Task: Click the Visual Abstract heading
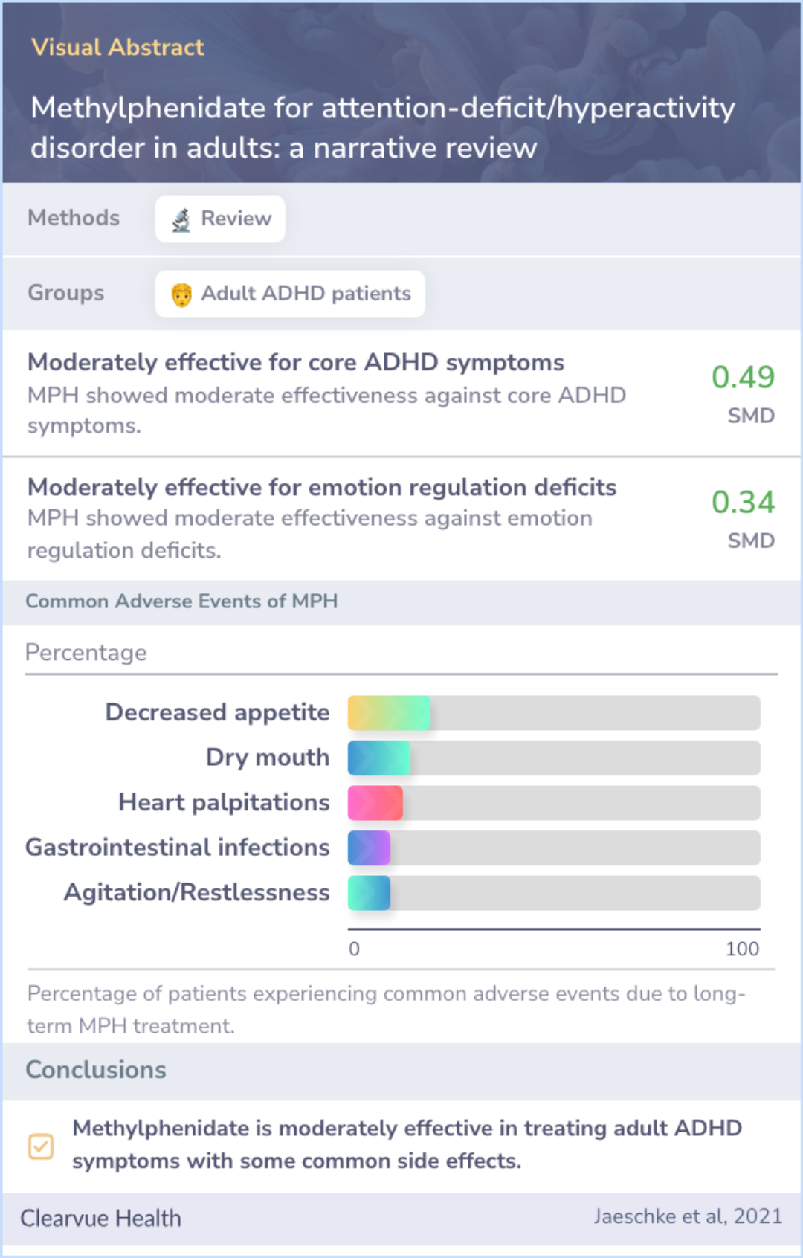[117, 48]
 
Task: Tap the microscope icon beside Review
[181, 219]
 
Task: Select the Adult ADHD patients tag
[290, 294]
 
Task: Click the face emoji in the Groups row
[181, 294]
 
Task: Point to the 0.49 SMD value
[743, 378]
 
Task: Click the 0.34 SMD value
[743, 503]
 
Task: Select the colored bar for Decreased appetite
[389, 713]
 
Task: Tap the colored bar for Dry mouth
[378, 758]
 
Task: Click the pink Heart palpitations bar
[375, 803]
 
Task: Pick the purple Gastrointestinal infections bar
[369, 848]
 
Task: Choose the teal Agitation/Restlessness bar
[369, 893]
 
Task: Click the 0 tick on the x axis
[354, 949]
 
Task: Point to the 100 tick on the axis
[742, 949]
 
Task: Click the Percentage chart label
[86, 653]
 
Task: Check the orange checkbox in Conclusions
[41, 1146]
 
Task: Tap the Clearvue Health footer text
[100, 1218]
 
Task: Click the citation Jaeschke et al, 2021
[688, 1216]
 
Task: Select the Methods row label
[74, 218]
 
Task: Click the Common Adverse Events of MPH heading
[181, 601]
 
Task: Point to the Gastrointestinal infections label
[178, 848]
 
